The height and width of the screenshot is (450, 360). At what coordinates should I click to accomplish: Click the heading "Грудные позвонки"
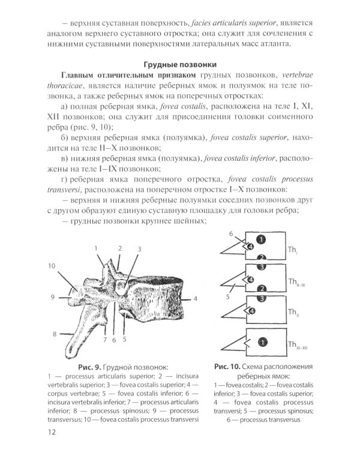coord(179,64)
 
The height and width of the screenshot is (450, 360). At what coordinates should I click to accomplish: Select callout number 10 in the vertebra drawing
coord(53,266)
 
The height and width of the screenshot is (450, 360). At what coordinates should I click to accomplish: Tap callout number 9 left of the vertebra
coord(53,296)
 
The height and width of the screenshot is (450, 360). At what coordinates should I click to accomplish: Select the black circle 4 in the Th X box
coord(252,310)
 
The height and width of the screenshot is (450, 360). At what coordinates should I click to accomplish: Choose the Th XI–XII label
coord(296,345)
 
